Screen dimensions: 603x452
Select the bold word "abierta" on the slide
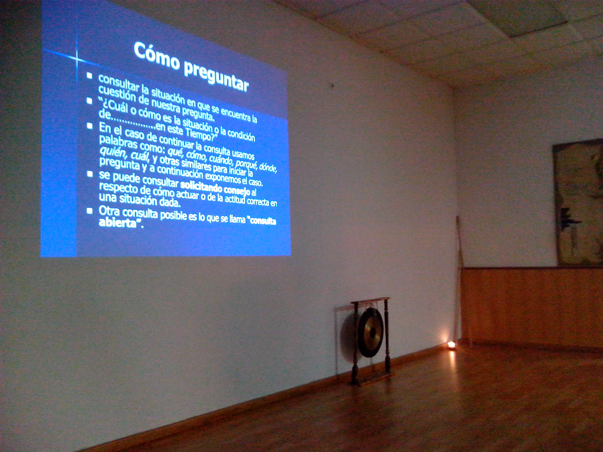(117, 223)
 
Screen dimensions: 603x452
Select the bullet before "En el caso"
(90, 126)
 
